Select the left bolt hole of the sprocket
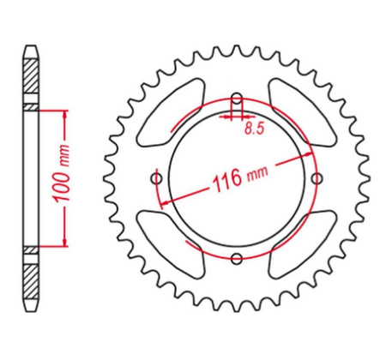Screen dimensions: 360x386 tap(155, 178)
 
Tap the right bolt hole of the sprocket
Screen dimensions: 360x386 tap(317, 178)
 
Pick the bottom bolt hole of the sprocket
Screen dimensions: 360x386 tap(237, 259)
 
